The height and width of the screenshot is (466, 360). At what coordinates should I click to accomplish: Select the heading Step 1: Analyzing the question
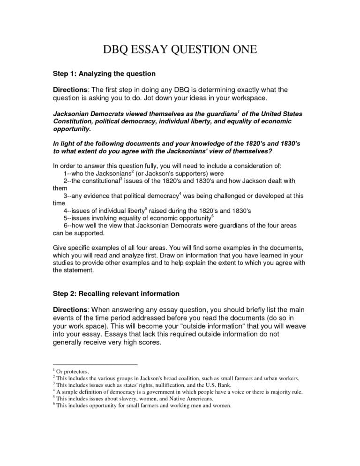point(103,74)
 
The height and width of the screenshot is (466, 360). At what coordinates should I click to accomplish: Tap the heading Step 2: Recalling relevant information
point(115,293)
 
